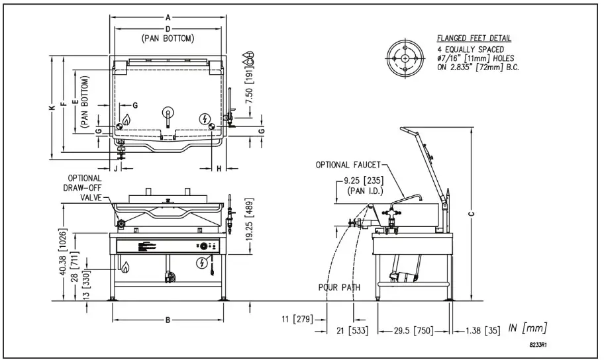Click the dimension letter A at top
coord(168,17)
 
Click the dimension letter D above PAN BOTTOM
coord(168,30)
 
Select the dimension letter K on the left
coord(52,109)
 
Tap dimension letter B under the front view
coord(168,320)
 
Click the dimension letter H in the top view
coord(219,169)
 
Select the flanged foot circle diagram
coord(405,58)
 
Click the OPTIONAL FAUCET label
coord(347,165)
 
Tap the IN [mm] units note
coord(527,328)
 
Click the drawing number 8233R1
coord(541,344)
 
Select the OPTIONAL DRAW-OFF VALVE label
coord(84,187)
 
